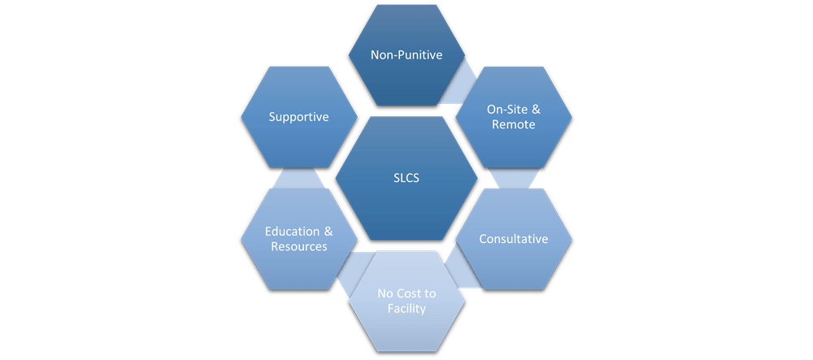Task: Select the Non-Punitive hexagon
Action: tap(406, 55)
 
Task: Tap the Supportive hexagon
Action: tap(298, 117)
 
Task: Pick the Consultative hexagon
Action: tap(513, 239)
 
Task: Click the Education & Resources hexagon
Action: tap(298, 239)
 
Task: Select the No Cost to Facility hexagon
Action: tap(406, 301)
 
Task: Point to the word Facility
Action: tap(406, 309)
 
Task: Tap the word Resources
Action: tap(298, 246)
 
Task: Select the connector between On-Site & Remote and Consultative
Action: tap(513, 178)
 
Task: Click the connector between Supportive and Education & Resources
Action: tap(298, 178)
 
